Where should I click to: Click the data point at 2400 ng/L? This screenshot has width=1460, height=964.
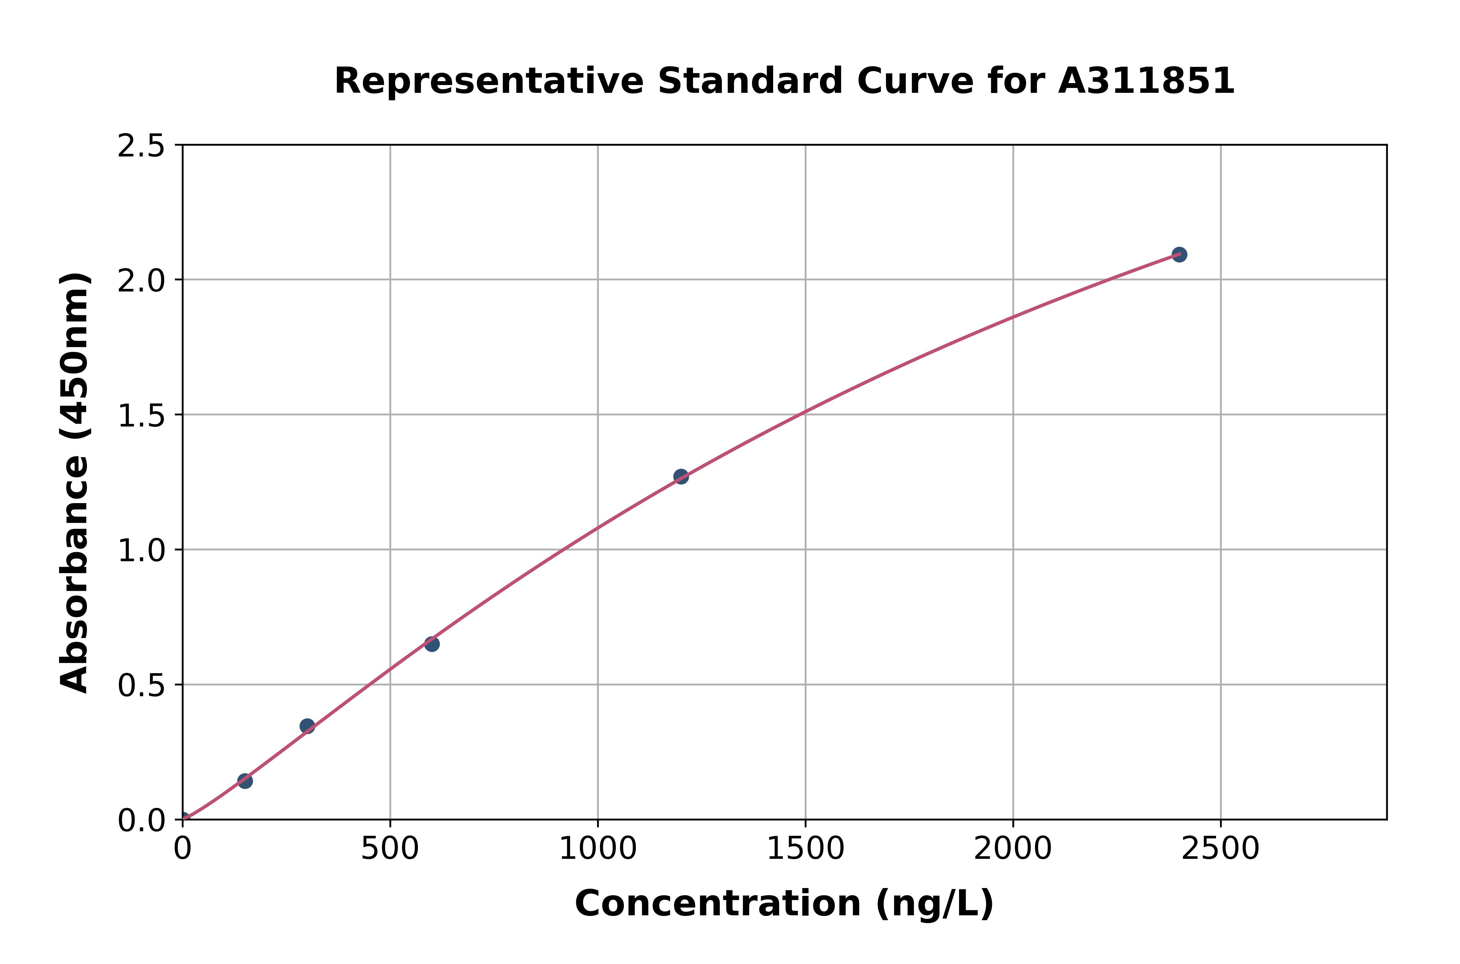click(1179, 254)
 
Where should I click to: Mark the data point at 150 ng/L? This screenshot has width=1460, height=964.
click(245, 781)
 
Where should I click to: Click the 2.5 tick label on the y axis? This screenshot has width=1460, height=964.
click(141, 146)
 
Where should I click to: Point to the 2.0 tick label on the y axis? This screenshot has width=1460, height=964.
click(141, 281)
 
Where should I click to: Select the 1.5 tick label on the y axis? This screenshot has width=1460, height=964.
click(141, 416)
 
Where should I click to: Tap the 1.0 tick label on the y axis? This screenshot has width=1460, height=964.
click(141, 551)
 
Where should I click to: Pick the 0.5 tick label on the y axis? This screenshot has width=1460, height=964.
click(141, 686)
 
